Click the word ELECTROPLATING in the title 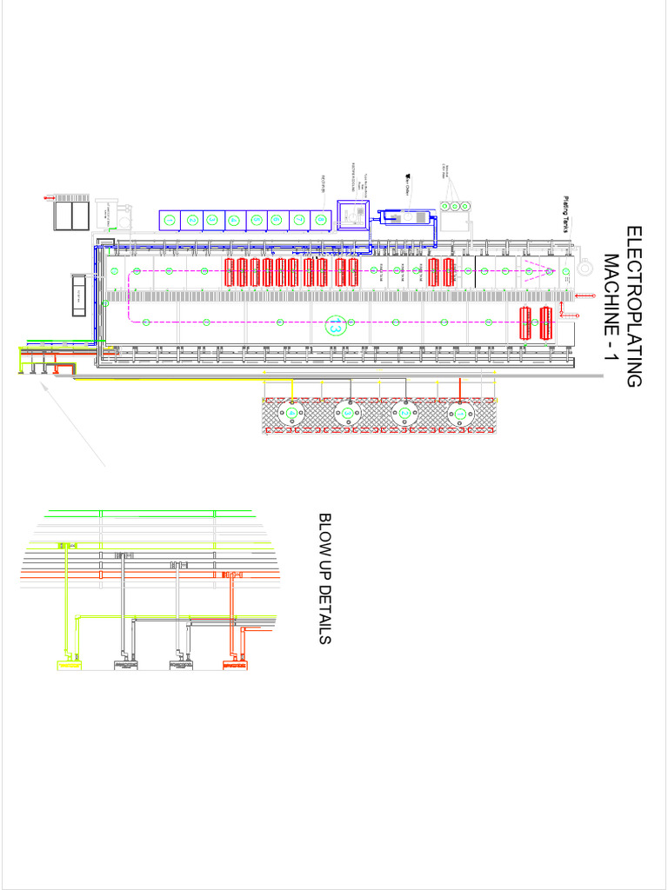tap(634, 307)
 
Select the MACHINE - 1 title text tap(611, 307)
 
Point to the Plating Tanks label tap(565, 214)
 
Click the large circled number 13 tap(335, 326)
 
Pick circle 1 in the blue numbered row tap(170, 220)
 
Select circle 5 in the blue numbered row tap(257, 220)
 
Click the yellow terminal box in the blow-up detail tap(67, 665)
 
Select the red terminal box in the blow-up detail tap(233, 665)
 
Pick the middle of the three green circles tap(455, 206)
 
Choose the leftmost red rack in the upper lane tap(230, 272)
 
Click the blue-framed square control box tap(353, 214)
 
